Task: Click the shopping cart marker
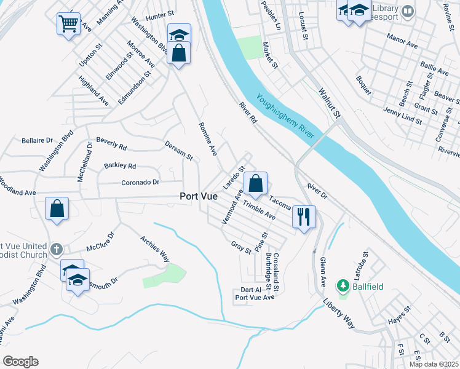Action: click(68, 24)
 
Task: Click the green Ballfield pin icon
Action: click(343, 286)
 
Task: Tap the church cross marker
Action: click(57, 250)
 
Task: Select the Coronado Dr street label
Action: click(140, 183)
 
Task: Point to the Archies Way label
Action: click(154, 248)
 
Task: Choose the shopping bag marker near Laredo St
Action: click(255, 183)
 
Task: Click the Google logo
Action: click(20, 362)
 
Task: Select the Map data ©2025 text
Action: click(434, 364)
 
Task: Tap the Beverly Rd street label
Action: click(111, 145)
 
